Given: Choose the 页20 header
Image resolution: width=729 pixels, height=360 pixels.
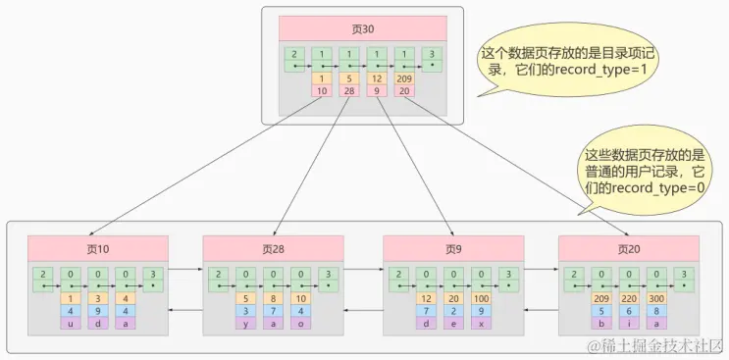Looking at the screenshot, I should coord(628,249).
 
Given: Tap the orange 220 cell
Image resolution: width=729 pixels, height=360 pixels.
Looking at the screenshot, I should coord(628,298).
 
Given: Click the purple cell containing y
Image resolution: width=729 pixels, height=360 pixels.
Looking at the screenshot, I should coord(245,324).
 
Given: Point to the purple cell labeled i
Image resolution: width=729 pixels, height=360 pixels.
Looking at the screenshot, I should coord(628,324).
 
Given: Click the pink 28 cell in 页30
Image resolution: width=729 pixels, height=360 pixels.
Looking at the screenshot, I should coord(347,91).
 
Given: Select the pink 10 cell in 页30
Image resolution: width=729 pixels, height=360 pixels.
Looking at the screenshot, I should coord(321,91).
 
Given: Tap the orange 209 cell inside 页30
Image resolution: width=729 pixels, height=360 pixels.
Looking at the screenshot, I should coord(403,78).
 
